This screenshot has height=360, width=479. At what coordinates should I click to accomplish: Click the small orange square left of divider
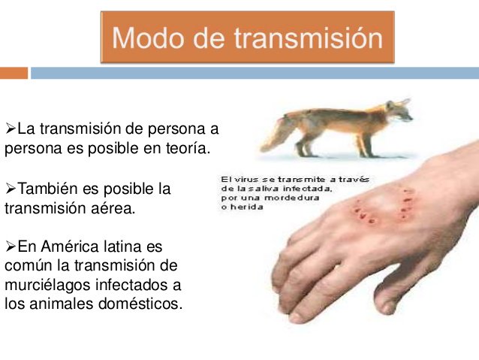(x=14, y=73)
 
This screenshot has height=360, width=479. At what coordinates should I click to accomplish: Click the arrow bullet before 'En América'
(x=11, y=247)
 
